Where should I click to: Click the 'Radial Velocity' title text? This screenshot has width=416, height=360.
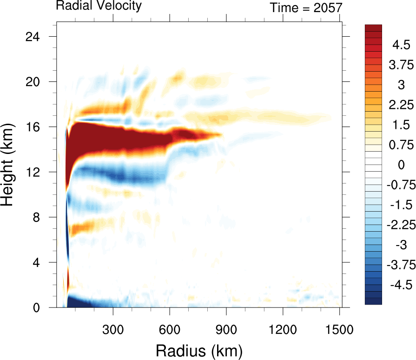[99, 6]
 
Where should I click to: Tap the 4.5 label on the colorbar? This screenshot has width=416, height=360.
[401, 45]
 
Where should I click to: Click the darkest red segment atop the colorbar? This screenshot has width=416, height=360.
[373, 27]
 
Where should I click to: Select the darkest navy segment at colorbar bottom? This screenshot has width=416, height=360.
[373, 301]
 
